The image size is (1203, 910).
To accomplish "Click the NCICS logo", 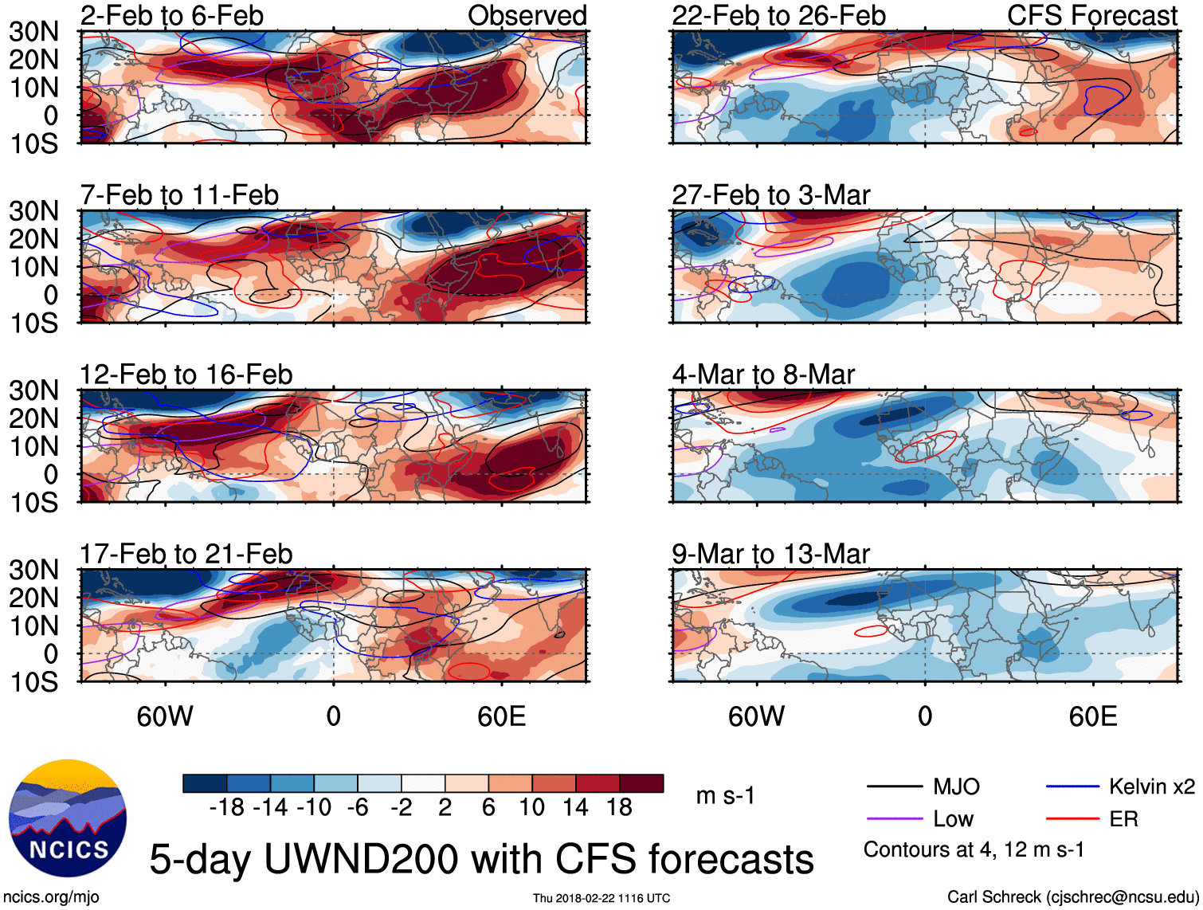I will click(68, 818).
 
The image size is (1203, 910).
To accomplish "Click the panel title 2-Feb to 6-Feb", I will click(171, 15).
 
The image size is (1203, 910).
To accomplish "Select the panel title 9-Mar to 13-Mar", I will click(770, 554).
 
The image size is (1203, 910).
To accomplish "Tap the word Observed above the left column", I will click(527, 15).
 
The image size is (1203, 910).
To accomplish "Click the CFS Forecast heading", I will click(1091, 15).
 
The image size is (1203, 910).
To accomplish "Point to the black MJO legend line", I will click(894, 787).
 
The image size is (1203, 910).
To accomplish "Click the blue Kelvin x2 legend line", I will click(1072, 787).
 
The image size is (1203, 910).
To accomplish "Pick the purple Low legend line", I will click(894, 819).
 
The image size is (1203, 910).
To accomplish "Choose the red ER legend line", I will click(1072, 819).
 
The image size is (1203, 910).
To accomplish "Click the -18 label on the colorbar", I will click(226, 808).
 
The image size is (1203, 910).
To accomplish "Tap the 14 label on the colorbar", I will click(575, 808).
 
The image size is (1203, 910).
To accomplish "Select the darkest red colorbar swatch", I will click(641, 783).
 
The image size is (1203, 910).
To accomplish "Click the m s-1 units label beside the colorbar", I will click(725, 796).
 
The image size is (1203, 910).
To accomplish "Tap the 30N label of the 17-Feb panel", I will click(33, 571).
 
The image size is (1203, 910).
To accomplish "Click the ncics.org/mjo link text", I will click(51, 897).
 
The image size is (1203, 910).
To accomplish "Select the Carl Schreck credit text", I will click(1072, 897).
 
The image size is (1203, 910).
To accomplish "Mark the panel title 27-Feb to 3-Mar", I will click(770, 195).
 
